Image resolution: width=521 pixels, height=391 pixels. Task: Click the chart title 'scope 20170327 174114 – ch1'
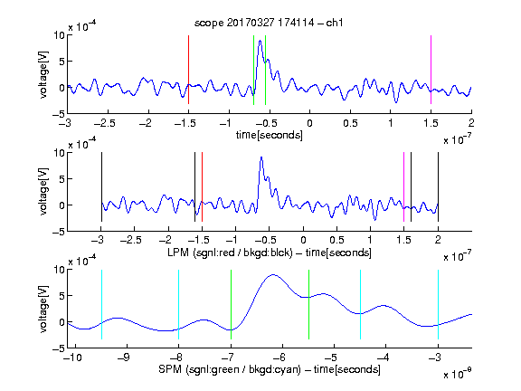pos(269,23)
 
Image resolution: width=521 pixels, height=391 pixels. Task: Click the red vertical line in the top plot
pos(188,70)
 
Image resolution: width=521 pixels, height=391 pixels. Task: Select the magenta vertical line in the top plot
pos(431,70)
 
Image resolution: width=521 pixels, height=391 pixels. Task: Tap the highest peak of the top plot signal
pos(260,41)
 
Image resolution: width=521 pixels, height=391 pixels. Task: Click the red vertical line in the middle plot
pos(202,186)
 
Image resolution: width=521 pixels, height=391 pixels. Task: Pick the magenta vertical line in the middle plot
pos(403,186)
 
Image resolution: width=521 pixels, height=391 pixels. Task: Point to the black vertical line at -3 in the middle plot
pos(101,186)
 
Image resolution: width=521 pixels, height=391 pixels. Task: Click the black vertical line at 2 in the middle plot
pos(438,186)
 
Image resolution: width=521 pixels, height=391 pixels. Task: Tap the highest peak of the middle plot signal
pos(261,157)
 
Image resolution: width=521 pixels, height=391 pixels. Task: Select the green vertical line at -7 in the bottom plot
pos(231,304)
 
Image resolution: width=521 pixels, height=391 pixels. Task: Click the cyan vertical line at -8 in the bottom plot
pos(179,304)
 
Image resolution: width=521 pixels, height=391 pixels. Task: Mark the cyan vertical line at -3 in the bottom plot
pos(438,304)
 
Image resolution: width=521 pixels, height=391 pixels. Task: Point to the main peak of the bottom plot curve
pos(273,274)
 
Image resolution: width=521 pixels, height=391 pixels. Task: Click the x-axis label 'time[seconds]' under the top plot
pos(270,135)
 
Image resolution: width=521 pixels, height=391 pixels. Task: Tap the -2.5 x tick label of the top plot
pos(104,123)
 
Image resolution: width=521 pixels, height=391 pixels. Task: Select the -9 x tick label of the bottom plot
pos(124,358)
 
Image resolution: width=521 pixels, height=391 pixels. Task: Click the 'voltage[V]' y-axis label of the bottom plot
pos(43,309)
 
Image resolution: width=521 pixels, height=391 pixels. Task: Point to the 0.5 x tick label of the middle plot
pos(336,240)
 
